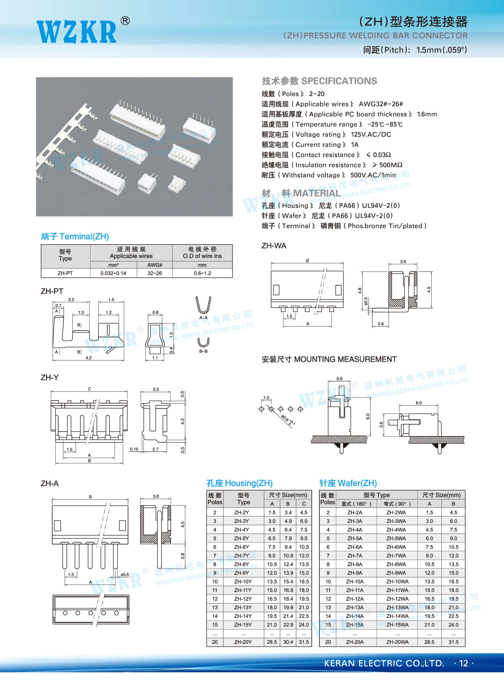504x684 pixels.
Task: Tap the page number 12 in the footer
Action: (463, 663)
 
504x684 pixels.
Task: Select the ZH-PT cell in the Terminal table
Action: (65, 273)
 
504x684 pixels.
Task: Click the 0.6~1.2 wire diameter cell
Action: (202, 273)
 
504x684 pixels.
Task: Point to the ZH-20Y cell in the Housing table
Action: (243, 642)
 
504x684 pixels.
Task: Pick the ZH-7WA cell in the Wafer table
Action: (396, 556)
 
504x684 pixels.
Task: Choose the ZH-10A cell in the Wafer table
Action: (355, 582)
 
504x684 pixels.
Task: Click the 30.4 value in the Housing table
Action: (288, 642)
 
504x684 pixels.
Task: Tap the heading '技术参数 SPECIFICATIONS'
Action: (319, 81)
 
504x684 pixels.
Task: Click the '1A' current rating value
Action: (355, 144)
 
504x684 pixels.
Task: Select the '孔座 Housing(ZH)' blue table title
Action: (239, 483)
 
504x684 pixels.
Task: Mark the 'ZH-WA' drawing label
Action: (274, 246)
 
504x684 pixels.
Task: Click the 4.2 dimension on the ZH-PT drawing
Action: (88, 358)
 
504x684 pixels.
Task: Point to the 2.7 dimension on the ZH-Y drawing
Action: (155, 449)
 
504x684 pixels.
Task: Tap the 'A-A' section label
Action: (204, 317)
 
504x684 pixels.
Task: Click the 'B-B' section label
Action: (204, 351)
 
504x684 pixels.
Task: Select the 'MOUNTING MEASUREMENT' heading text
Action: (345, 359)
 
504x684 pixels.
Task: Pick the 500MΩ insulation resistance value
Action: (391, 165)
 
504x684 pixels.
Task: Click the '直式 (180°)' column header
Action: (356, 504)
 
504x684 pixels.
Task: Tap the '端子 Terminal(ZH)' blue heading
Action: (75, 237)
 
